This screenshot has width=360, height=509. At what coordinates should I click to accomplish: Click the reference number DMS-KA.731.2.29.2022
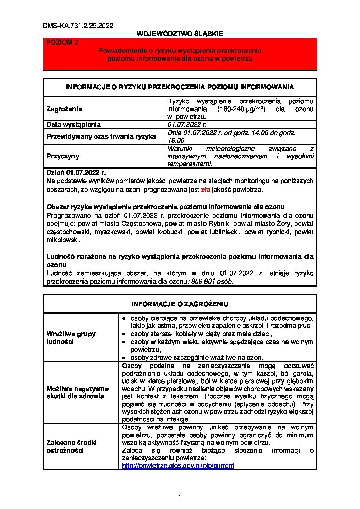click(78, 26)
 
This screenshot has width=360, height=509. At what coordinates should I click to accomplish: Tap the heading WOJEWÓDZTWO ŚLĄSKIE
click(180, 34)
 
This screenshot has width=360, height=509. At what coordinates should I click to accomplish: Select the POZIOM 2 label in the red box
click(62, 42)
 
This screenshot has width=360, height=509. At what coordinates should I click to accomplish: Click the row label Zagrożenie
click(64, 109)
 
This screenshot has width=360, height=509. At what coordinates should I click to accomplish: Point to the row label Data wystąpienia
click(73, 124)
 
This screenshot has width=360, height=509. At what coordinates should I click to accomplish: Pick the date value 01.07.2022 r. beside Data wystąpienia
click(187, 124)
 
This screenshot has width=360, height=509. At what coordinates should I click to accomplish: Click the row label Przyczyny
click(63, 156)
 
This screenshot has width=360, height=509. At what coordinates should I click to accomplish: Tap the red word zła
click(206, 190)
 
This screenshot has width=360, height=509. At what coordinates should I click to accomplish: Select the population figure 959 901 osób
click(212, 282)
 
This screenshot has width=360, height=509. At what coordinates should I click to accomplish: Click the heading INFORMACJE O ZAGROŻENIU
click(180, 304)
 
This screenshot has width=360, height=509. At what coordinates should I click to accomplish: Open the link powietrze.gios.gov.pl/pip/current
click(178, 466)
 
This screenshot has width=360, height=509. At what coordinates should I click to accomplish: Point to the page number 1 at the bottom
click(180, 497)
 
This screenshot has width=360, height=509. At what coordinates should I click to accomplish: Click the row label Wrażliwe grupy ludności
click(71, 338)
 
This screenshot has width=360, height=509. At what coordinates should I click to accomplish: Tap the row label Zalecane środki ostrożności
click(71, 446)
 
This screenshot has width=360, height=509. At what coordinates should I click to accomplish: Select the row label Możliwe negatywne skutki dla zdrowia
click(78, 392)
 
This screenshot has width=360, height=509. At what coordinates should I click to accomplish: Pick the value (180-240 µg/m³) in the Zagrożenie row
click(241, 109)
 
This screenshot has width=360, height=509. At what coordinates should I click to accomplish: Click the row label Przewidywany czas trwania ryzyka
click(101, 137)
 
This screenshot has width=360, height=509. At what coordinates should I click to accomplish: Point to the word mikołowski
click(63, 240)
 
